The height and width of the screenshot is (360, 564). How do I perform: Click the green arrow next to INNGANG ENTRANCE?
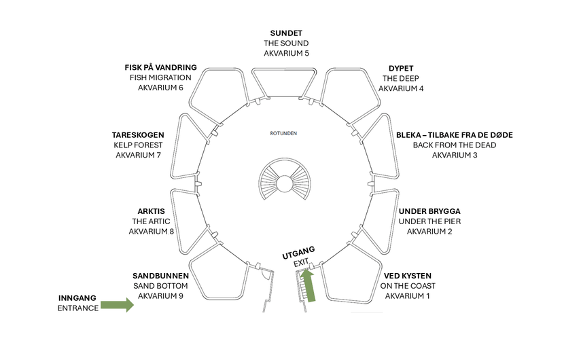118,305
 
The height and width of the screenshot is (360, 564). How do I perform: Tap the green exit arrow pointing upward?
309,285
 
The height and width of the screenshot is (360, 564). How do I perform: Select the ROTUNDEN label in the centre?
283,133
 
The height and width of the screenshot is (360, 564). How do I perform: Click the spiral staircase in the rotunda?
285,179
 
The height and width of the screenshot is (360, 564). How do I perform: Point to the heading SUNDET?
286,33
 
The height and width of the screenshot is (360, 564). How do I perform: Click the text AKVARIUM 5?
286,53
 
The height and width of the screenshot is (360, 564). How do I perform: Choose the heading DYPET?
401,69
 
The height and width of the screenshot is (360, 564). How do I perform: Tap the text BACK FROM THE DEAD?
455,145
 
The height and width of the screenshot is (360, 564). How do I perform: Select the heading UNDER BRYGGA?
429,211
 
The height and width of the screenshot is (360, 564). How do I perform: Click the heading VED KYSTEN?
408,276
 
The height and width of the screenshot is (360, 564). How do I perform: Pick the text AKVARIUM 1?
408,296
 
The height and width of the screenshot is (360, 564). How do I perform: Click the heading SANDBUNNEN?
160,276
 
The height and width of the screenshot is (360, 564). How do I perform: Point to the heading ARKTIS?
151,211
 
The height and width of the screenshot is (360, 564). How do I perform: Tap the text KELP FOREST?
138,145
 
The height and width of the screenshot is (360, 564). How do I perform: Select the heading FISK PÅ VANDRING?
161,68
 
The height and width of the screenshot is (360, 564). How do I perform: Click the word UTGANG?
298,253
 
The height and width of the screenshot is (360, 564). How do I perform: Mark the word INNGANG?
77,298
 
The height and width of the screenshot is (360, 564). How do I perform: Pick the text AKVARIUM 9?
160,296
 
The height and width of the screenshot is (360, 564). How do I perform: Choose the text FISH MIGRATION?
160,77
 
